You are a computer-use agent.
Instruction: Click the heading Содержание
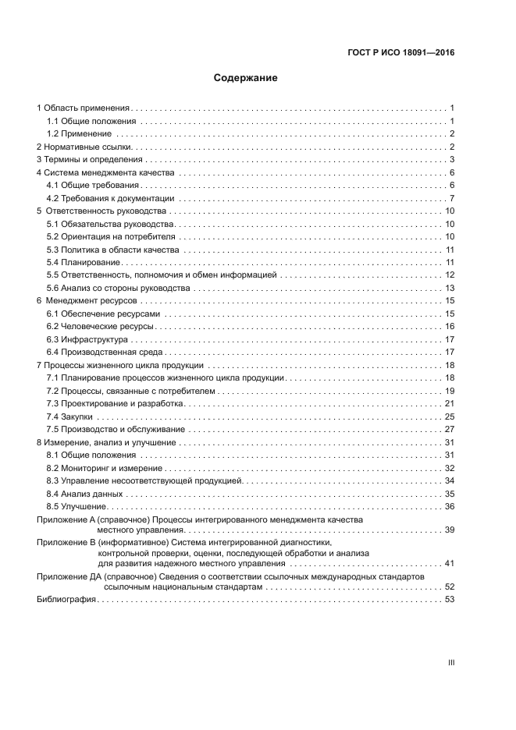(246, 78)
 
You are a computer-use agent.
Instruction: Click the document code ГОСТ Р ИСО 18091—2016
(400, 53)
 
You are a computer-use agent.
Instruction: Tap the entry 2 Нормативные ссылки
(87, 147)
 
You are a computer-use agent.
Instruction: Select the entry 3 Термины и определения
(90, 160)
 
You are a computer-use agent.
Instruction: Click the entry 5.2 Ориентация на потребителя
(112, 236)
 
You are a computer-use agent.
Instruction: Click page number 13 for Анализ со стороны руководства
(450, 288)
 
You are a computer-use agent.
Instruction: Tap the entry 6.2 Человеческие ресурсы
(100, 326)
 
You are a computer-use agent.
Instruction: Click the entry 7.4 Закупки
(69, 416)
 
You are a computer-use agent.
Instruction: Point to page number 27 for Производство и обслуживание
(450, 429)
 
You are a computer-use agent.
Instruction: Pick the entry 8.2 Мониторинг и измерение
(104, 468)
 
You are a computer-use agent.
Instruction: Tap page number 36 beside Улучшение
(450, 506)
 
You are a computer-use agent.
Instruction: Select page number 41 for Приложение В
(450, 563)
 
